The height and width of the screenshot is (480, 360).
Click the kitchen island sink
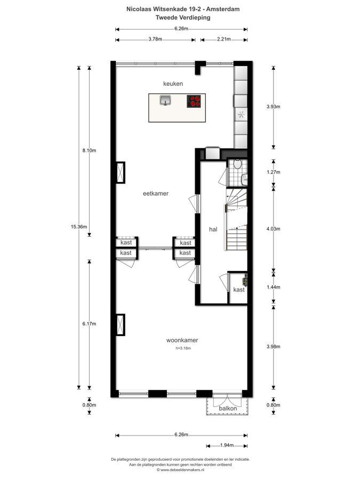(165, 100)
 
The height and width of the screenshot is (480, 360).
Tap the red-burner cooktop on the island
(194, 101)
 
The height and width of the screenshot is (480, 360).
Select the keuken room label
(173, 84)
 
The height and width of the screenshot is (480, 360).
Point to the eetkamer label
(156, 194)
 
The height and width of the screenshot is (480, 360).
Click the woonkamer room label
(182, 340)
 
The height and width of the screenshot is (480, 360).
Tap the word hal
(213, 229)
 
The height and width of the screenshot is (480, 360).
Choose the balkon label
(228, 409)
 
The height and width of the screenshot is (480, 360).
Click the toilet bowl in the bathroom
(237, 164)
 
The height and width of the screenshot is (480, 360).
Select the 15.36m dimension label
(79, 227)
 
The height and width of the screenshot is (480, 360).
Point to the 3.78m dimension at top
(155, 39)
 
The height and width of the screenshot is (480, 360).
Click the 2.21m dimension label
(224, 39)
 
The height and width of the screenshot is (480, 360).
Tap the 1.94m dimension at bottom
(227, 445)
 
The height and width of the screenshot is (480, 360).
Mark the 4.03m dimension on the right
(274, 229)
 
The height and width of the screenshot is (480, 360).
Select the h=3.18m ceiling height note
(183, 348)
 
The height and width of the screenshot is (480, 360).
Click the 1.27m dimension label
(274, 172)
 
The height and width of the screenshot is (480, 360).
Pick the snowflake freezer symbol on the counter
(241, 115)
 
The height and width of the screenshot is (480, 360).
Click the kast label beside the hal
(239, 290)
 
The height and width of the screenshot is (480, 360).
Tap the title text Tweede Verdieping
(183, 18)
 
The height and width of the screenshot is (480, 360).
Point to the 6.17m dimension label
(89, 324)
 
